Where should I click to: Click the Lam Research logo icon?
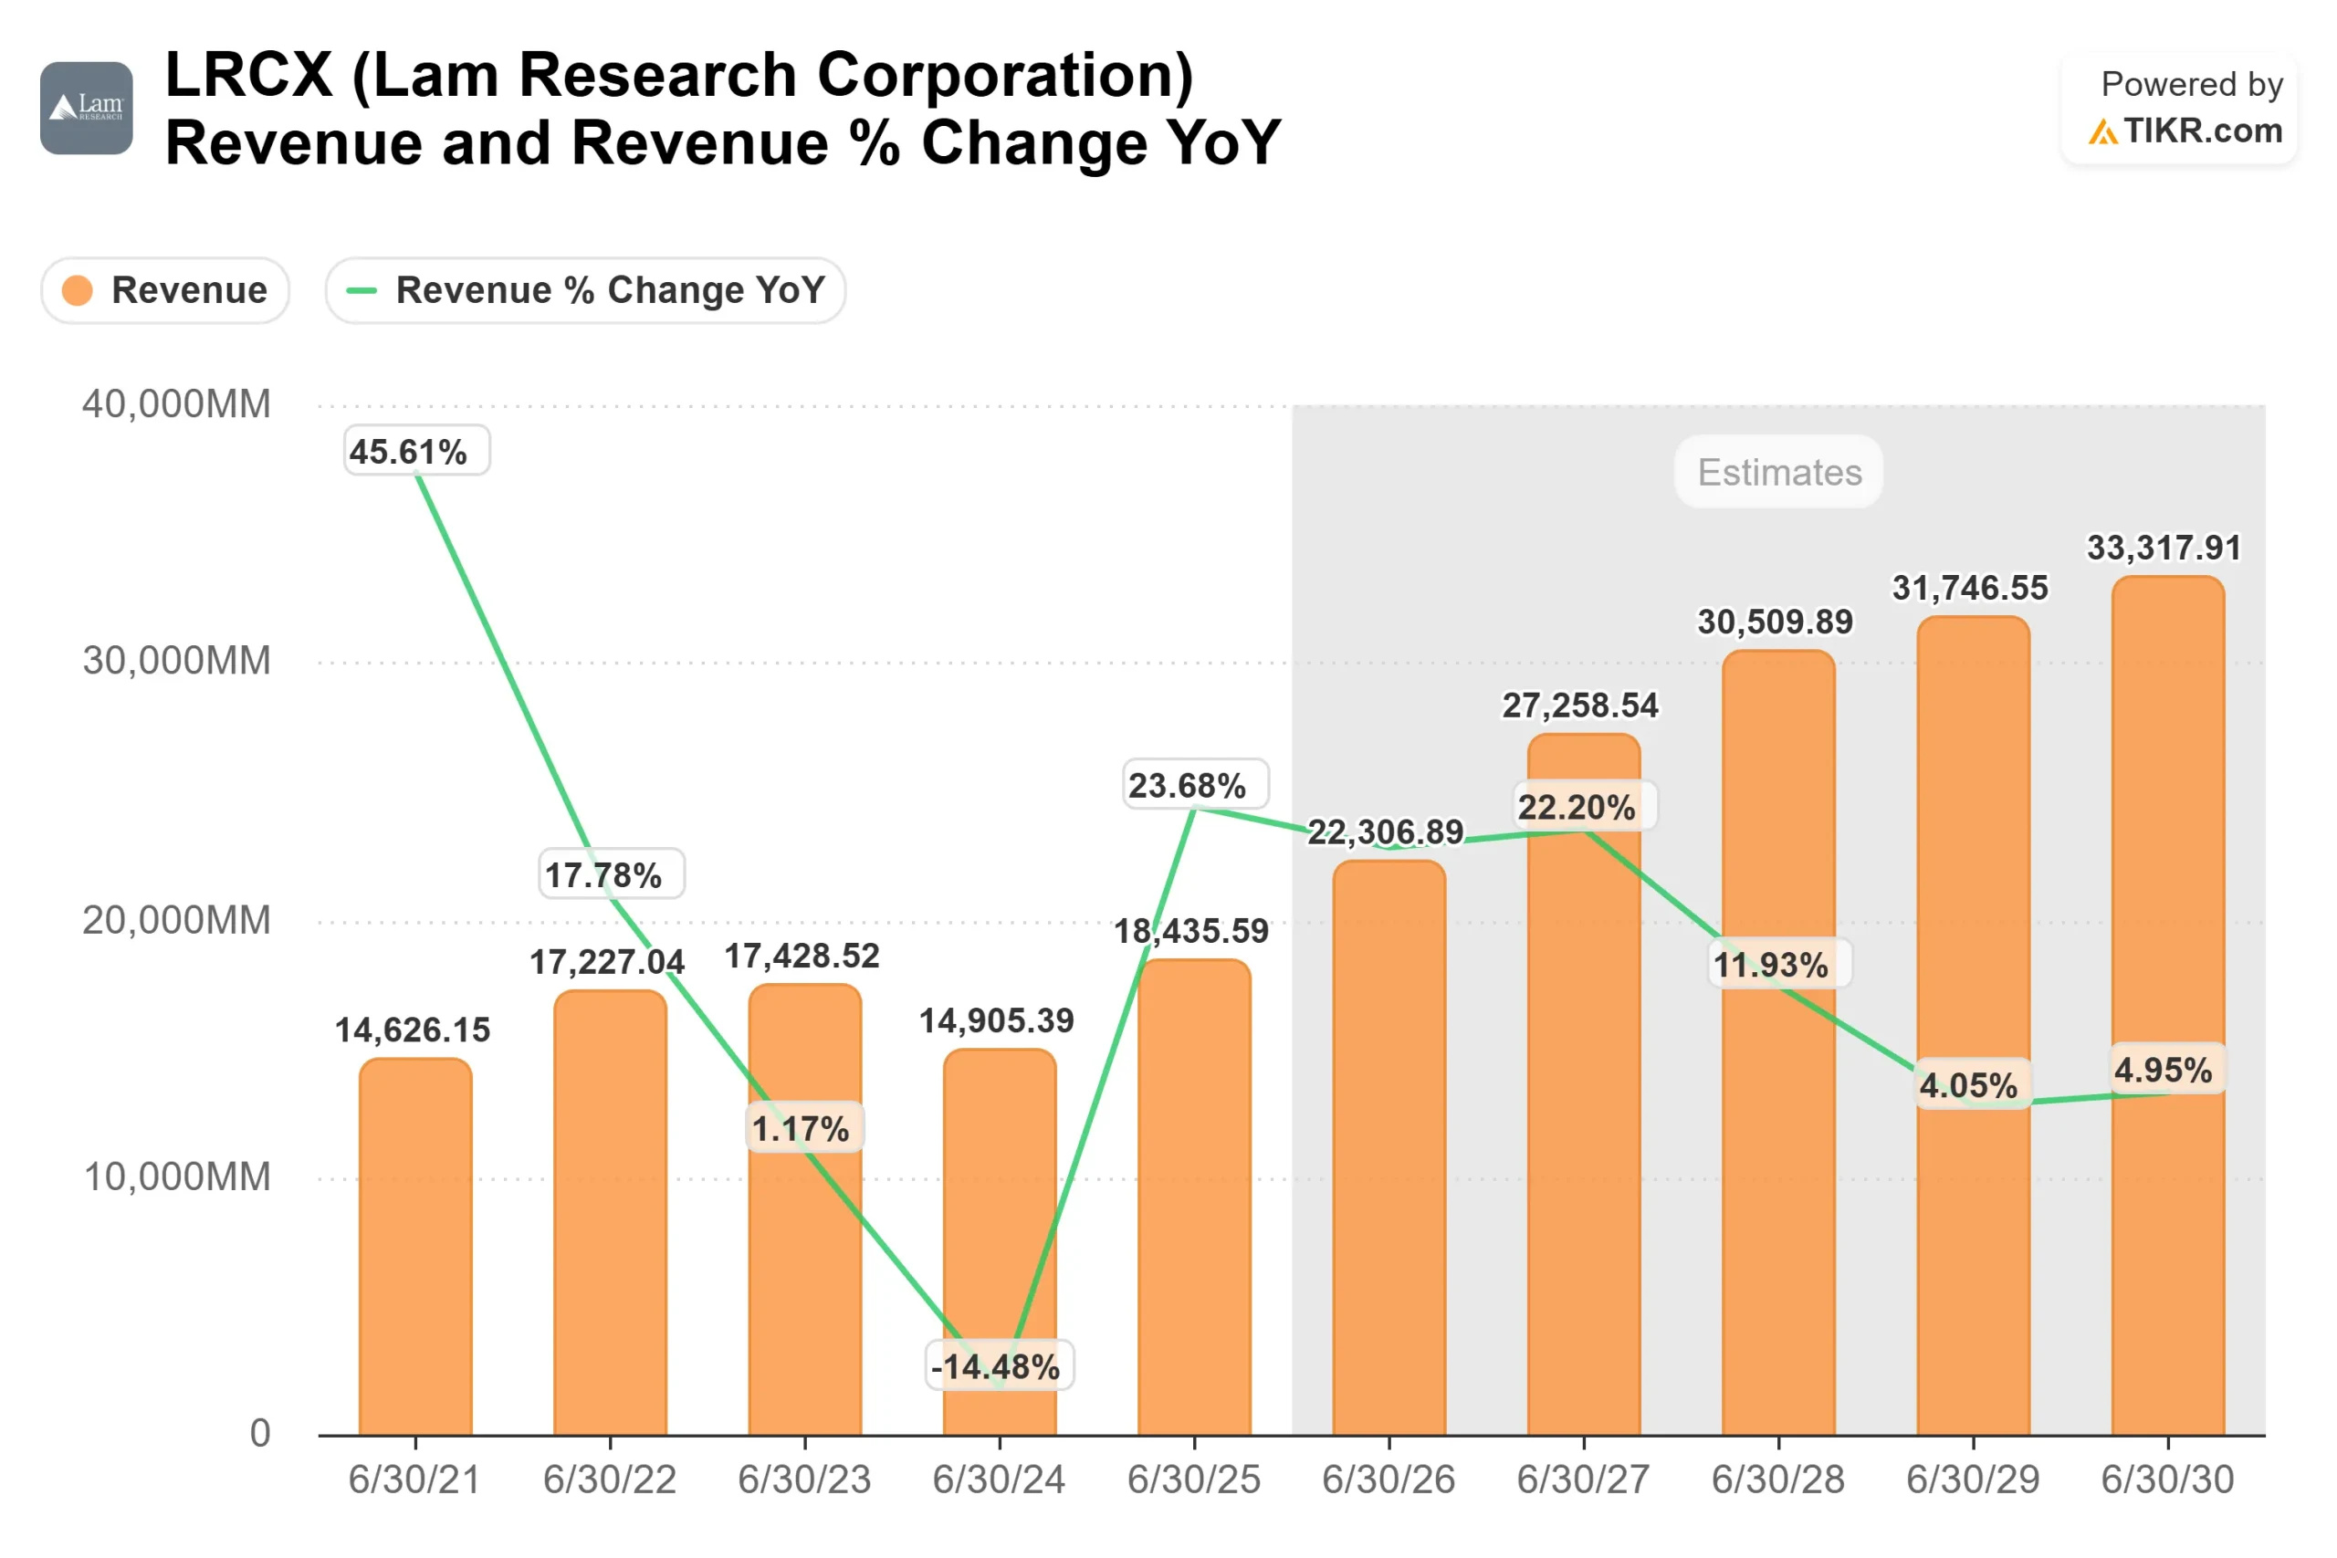87,109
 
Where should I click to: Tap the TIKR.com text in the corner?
2202,131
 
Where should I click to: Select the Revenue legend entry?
165,291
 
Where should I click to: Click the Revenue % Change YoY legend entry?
585,291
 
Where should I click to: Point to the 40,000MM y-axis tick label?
176,404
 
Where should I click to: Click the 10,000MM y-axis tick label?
176,1176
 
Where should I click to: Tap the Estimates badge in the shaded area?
1778,472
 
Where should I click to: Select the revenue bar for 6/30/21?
415,1252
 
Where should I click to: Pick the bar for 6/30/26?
1389,1153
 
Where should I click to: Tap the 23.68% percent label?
1188,786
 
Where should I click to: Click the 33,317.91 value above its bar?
2164,548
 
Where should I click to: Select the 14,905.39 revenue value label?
997,1020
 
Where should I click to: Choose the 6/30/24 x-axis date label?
999,1480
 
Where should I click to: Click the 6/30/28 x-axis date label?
1777,1480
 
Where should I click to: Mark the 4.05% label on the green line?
1968,1085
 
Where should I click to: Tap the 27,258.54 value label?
1580,706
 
